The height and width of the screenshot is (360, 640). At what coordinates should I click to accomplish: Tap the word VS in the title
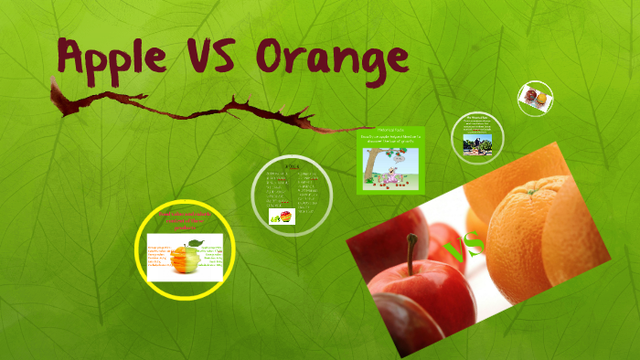(x=211, y=56)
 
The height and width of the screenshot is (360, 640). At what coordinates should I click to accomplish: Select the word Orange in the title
(x=332, y=56)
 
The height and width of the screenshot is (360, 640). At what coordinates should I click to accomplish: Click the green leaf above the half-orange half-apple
(x=195, y=240)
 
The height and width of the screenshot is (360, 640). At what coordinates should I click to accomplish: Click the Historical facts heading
(x=390, y=130)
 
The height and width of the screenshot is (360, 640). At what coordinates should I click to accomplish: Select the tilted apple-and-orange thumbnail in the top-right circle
(x=535, y=97)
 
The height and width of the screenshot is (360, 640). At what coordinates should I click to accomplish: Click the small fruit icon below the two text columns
(x=280, y=217)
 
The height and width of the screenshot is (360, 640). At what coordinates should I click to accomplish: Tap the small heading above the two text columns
(x=292, y=166)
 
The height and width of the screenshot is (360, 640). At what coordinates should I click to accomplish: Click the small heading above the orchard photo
(x=477, y=118)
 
